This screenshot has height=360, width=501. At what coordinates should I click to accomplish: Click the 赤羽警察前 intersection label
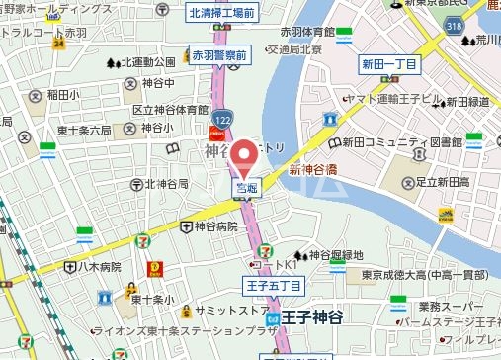point(219,54)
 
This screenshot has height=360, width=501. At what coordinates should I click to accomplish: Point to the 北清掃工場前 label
point(222,13)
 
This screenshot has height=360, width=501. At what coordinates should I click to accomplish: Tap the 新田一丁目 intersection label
point(389,63)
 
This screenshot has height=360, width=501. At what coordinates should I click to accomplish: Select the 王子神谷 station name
point(314,318)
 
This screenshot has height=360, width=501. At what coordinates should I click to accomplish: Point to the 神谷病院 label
point(215,225)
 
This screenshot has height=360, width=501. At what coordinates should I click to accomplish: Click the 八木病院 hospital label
point(100,266)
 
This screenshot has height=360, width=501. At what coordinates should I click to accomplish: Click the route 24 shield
point(59,44)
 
